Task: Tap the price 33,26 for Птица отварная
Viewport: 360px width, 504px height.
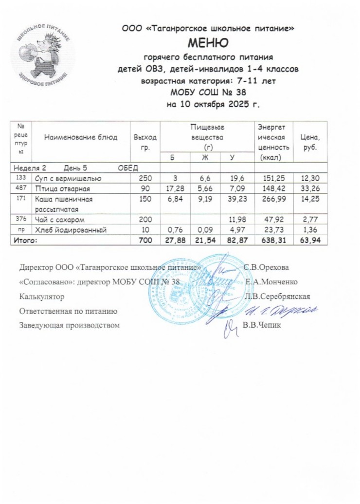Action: [x=310, y=187]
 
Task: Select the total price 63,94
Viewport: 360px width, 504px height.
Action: [x=310, y=240]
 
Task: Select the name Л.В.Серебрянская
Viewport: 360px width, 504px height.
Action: [x=278, y=296]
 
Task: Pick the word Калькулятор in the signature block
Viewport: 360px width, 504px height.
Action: [x=41, y=296]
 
